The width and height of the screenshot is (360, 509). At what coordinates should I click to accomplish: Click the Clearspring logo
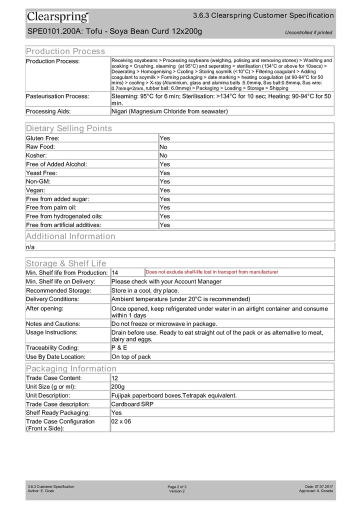click(57, 17)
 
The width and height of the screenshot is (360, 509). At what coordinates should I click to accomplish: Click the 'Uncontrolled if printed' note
click(308, 33)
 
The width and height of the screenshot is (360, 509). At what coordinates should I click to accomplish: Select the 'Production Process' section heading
click(65, 51)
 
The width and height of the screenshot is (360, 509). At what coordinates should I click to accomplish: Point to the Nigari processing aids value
click(169, 111)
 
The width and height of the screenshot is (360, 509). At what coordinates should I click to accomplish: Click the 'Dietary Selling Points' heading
click(69, 128)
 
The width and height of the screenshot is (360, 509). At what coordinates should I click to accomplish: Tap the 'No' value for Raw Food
click(163, 147)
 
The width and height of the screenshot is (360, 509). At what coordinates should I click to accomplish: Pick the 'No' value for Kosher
click(163, 155)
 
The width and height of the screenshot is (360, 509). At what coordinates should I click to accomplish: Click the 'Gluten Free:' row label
click(43, 138)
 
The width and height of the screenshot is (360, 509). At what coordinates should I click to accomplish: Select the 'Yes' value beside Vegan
click(164, 190)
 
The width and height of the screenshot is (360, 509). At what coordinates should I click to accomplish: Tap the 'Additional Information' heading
click(70, 236)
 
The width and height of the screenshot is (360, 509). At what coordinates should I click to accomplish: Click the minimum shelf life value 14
click(115, 273)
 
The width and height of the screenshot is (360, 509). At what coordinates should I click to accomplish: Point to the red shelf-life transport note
click(212, 272)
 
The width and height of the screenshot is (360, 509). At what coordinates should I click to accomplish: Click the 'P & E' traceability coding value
click(119, 347)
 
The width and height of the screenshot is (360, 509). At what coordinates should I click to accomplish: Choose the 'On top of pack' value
click(131, 356)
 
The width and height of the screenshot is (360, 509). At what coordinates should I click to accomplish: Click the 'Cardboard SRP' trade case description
click(132, 404)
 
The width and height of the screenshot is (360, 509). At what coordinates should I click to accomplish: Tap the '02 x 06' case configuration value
click(121, 421)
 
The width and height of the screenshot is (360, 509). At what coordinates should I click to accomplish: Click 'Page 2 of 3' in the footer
click(177, 486)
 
